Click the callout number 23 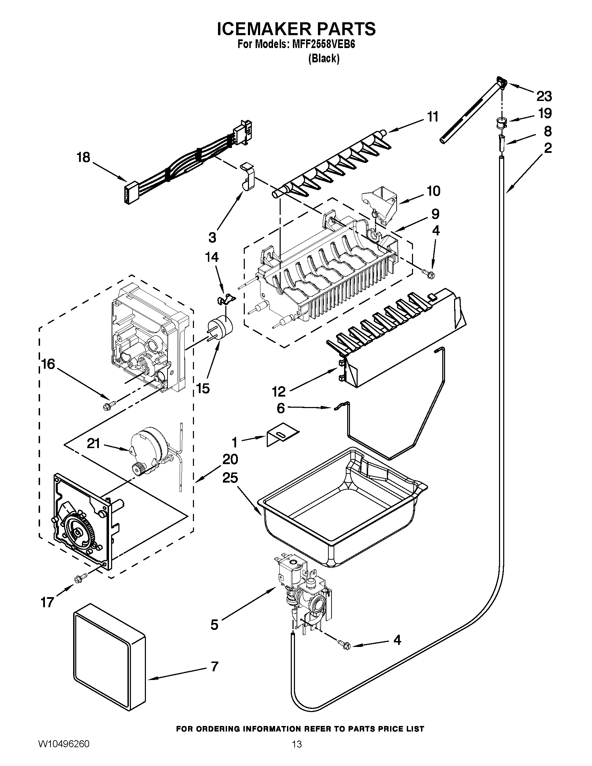click(x=544, y=95)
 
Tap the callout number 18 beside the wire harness click(x=84, y=157)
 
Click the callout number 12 click(x=279, y=391)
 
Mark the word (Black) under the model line click(x=324, y=58)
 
